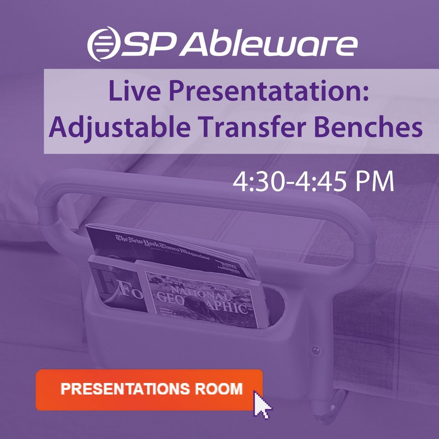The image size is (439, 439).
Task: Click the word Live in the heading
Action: (126, 94)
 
